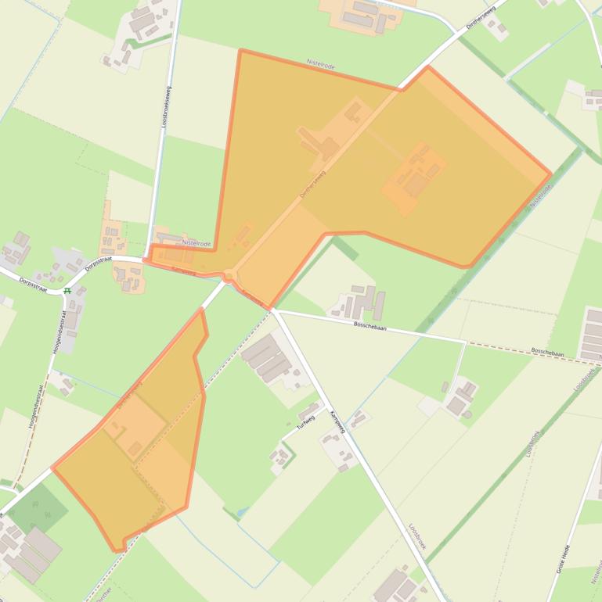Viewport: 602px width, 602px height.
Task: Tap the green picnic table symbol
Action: click(68, 291)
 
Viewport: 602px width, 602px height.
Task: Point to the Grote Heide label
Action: click(561, 559)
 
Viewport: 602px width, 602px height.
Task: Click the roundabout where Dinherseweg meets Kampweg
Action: click(228, 275)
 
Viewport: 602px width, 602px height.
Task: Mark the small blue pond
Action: click(239, 511)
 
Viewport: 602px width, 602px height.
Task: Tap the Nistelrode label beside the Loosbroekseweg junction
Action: click(196, 244)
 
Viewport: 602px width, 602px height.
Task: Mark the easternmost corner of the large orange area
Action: click(551, 174)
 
